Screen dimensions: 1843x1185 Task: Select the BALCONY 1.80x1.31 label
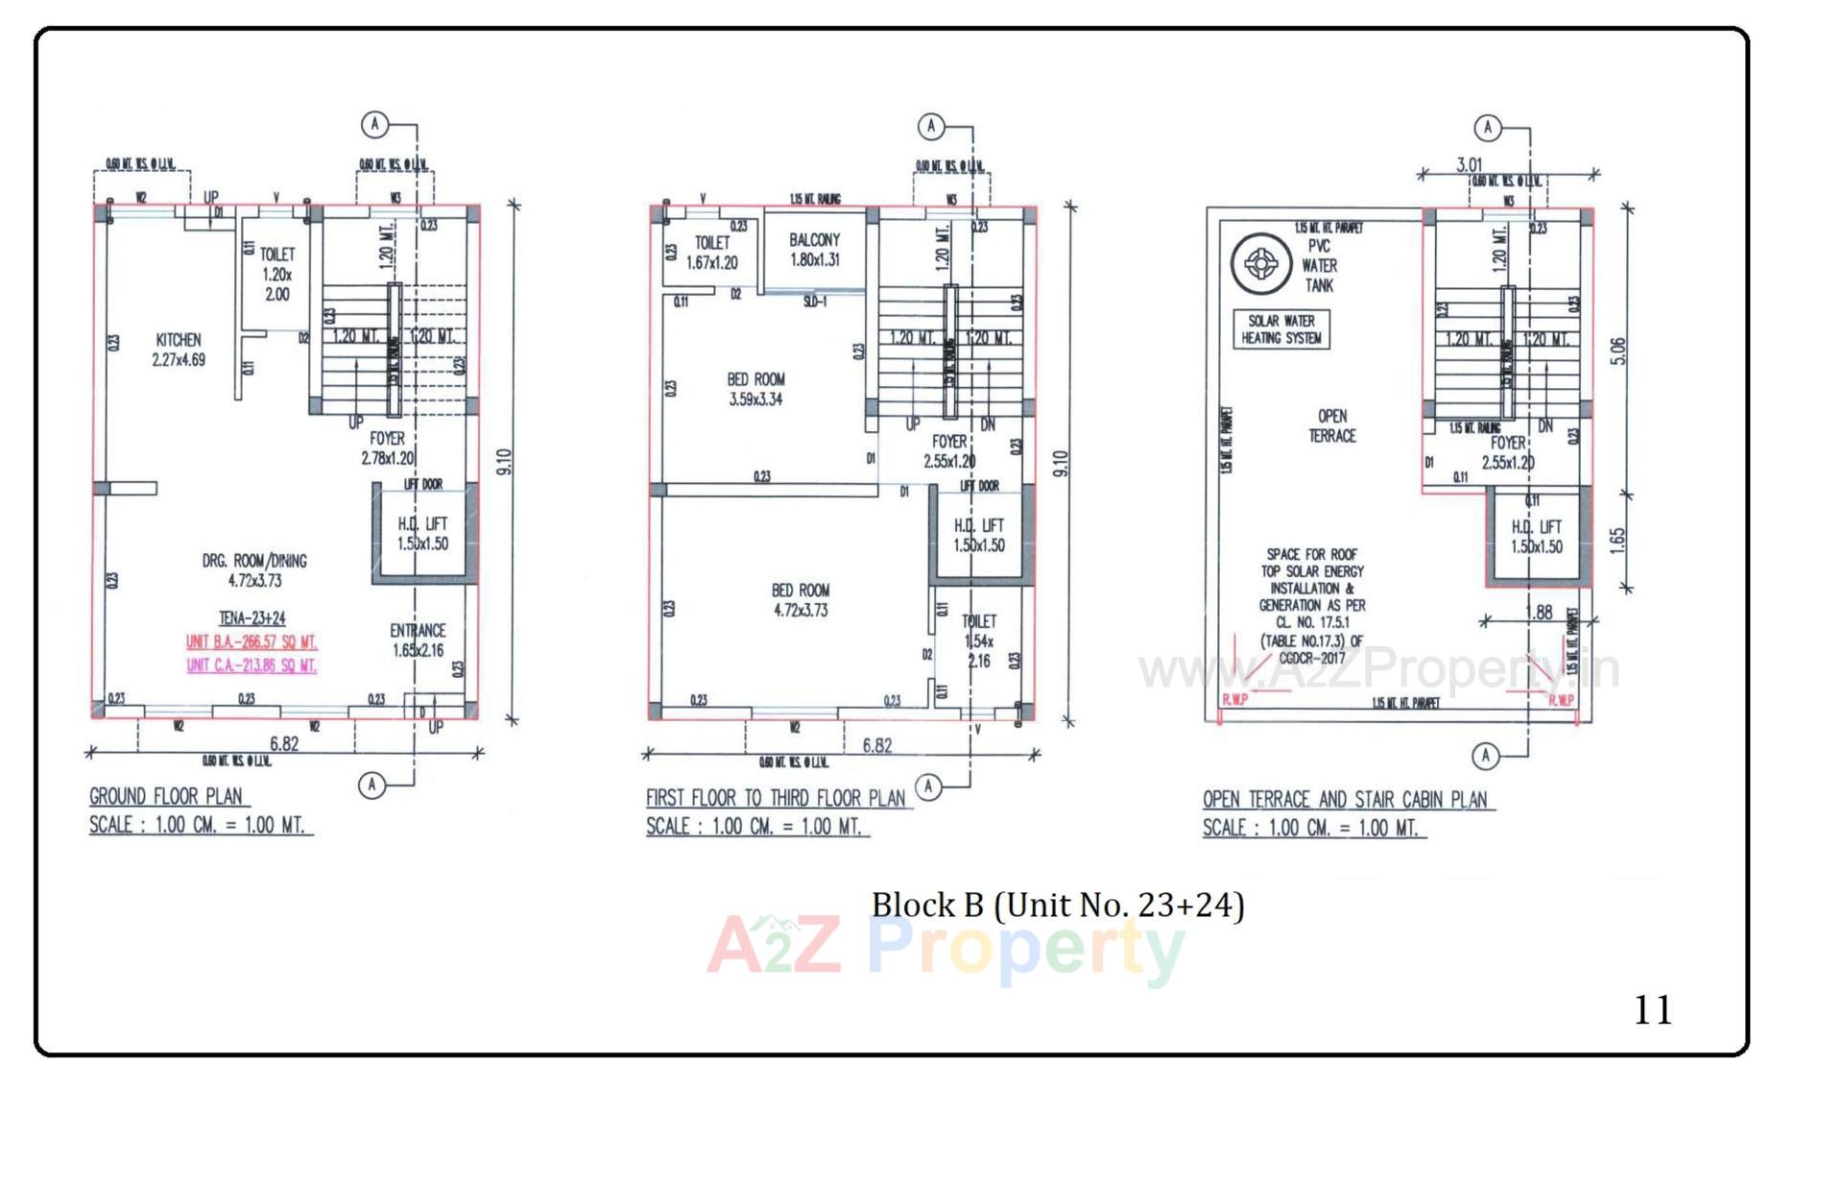(x=814, y=250)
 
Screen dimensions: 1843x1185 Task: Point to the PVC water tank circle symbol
(x=1260, y=263)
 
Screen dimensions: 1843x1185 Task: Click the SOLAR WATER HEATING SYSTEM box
(x=1281, y=329)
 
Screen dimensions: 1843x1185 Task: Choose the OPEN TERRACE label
(x=1331, y=425)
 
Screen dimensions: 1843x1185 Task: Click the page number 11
(x=1652, y=1009)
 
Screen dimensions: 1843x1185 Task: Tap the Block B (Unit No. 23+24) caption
(x=1057, y=905)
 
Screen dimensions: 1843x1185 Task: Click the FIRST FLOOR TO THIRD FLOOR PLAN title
(x=776, y=798)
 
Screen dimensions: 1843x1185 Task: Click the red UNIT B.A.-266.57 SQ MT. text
(x=251, y=641)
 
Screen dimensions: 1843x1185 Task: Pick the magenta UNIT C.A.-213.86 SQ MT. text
(x=251, y=665)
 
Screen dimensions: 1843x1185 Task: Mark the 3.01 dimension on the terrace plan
(x=1469, y=165)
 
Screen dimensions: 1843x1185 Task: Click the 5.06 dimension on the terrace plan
(x=1618, y=351)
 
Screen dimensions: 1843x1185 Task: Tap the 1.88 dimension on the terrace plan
(x=1539, y=612)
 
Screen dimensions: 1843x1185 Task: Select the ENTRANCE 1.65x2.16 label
(x=418, y=641)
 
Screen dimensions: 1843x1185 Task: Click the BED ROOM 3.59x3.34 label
(x=755, y=389)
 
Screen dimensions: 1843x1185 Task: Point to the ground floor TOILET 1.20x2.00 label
(x=276, y=274)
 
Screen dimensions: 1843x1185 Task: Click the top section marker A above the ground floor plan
(x=374, y=124)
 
